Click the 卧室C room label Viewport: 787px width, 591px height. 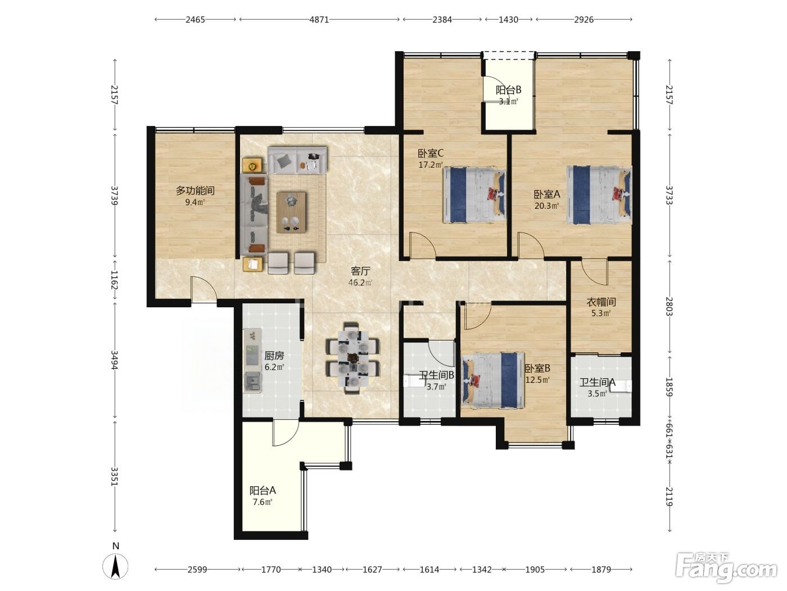(x=430, y=154)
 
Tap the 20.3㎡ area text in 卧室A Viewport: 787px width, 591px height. (x=546, y=206)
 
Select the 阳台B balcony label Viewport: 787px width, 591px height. (x=508, y=89)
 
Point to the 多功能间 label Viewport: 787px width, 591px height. (x=195, y=191)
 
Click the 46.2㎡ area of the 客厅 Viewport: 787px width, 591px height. (x=360, y=283)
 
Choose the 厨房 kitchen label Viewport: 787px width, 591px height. (x=274, y=356)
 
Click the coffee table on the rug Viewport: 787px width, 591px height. (x=291, y=212)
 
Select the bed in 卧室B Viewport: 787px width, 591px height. (x=494, y=380)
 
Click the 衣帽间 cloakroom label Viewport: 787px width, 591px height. (x=601, y=302)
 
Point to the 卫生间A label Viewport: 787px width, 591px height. (x=598, y=383)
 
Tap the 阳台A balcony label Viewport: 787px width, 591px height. (x=263, y=490)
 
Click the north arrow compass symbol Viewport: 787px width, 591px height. (x=115, y=566)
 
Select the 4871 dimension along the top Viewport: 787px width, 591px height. (x=319, y=20)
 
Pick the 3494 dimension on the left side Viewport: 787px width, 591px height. (x=114, y=360)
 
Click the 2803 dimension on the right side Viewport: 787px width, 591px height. (x=669, y=306)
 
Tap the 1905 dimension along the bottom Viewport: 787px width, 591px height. (x=535, y=570)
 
